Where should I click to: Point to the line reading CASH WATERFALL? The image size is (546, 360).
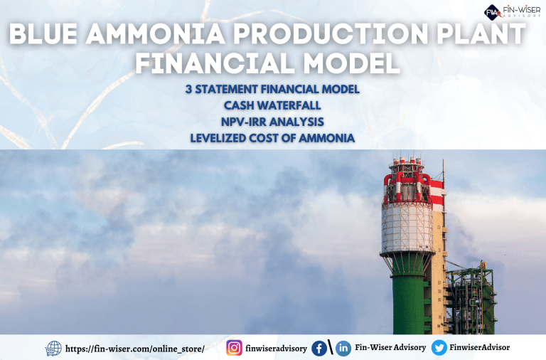coord(272,105)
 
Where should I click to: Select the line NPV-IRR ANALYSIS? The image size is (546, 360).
coord(272,121)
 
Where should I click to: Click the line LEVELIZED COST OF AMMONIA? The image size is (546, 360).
coord(272,137)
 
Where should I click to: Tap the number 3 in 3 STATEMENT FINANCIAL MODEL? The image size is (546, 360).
coord(187,90)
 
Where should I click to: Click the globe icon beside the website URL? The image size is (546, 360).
coord(53,349)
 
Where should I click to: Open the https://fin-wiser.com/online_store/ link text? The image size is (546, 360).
coord(135,349)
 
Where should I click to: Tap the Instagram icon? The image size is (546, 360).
coord(234,348)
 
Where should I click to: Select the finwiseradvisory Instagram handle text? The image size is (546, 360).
coord(277,349)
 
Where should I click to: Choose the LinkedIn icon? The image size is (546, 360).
coord(343,348)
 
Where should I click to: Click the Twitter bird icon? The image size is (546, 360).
coord(439,348)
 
